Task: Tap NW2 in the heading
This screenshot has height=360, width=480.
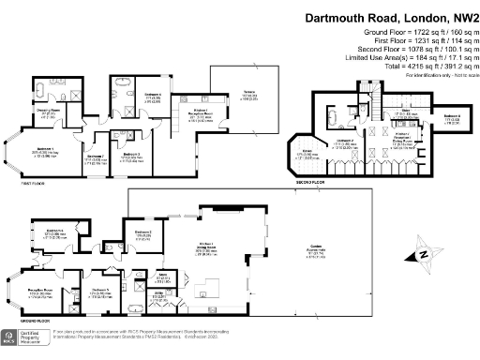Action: (457, 18)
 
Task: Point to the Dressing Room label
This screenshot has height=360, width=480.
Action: (49, 112)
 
